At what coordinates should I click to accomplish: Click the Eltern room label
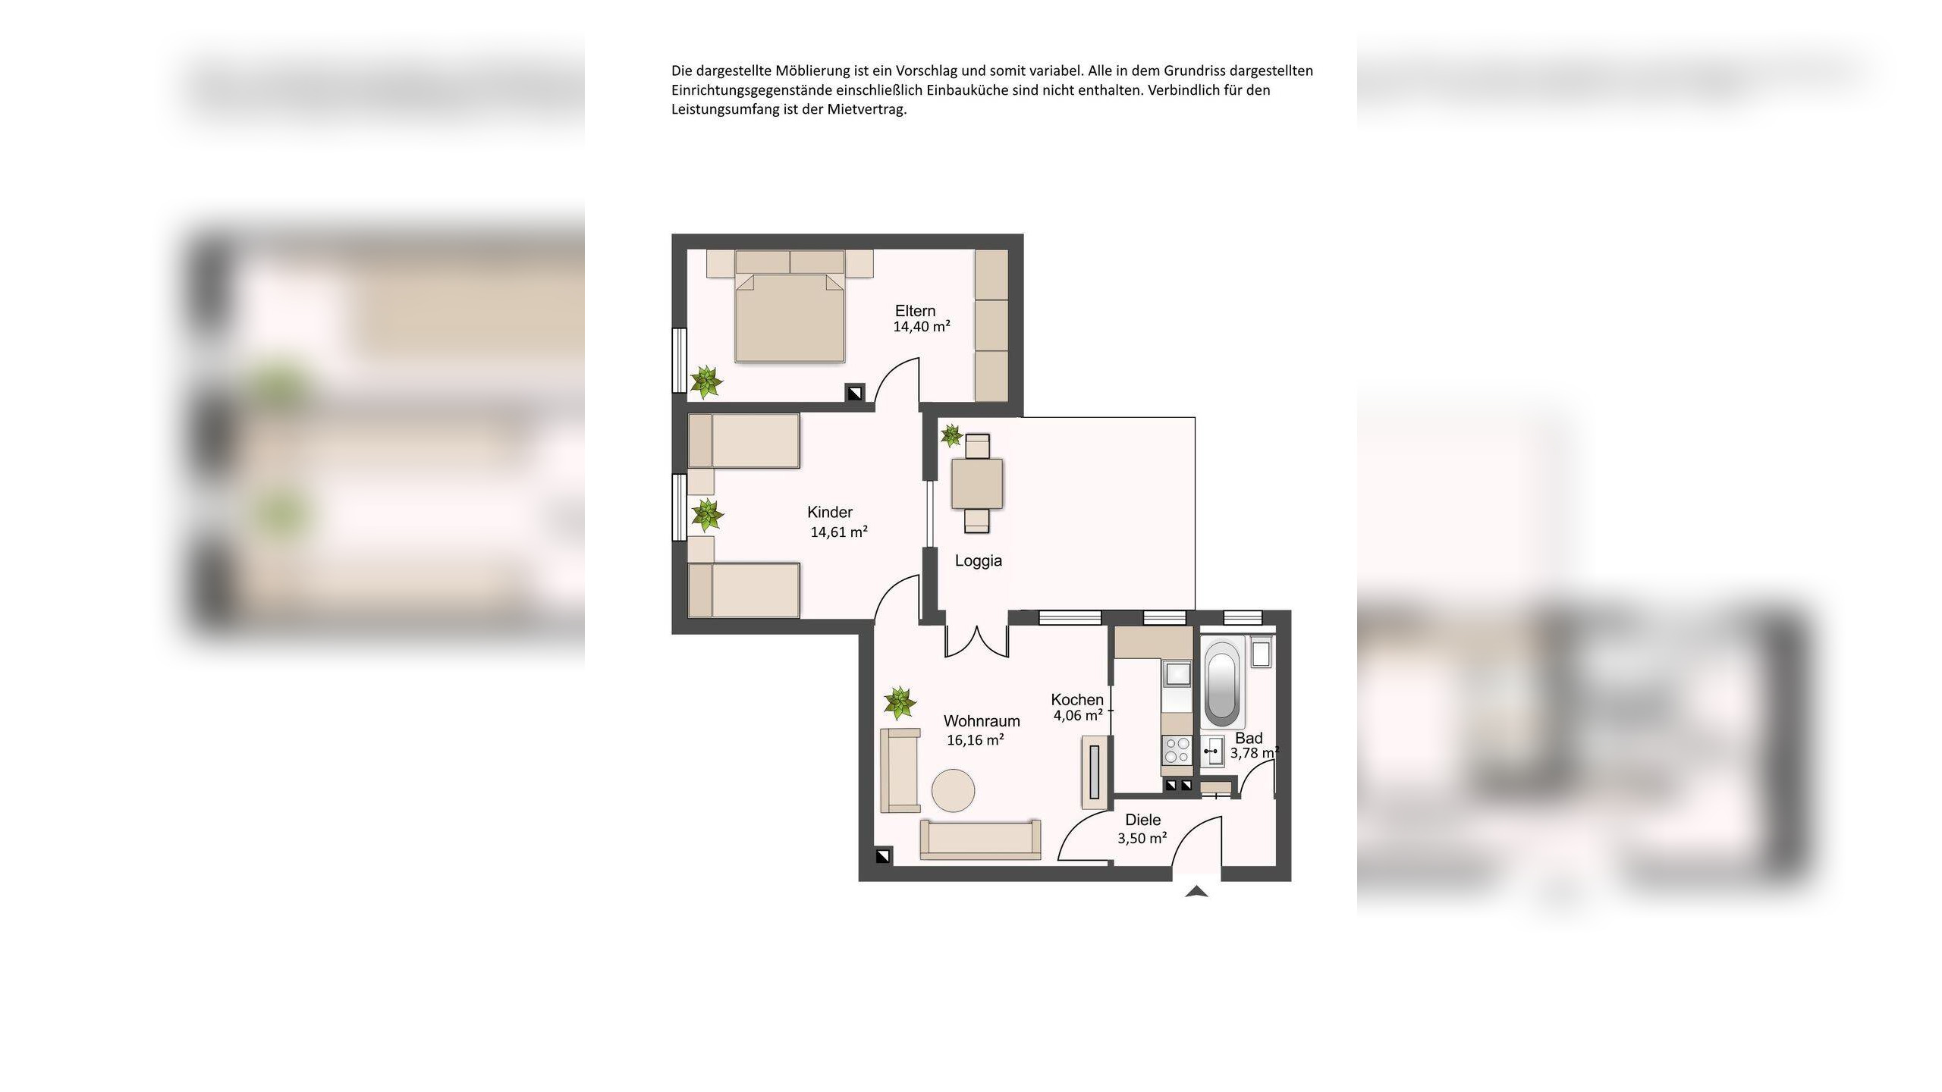pyautogui.click(x=915, y=311)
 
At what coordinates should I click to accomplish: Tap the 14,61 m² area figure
pyautogui.click(x=839, y=532)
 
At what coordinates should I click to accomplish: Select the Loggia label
pyautogui.click(x=979, y=561)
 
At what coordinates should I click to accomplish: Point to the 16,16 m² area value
pyautogui.click(x=976, y=739)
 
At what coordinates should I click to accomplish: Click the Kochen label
pyautogui.click(x=1077, y=700)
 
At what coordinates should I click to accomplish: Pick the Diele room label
pyautogui.click(x=1142, y=820)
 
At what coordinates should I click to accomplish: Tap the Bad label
pyautogui.click(x=1249, y=738)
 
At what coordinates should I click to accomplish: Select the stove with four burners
pyautogui.click(x=1177, y=751)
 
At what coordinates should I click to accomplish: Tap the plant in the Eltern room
pyautogui.click(x=706, y=381)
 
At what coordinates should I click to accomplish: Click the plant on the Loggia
pyautogui.click(x=951, y=435)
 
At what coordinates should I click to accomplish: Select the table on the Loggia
pyautogui.click(x=977, y=483)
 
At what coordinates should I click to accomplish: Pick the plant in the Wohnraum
pyautogui.click(x=900, y=703)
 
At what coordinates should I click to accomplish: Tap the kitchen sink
pyautogui.click(x=1177, y=673)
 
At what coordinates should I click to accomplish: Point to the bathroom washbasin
pyautogui.click(x=1212, y=751)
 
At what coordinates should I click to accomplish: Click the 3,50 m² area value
pyautogui.click(x=1142, y=838)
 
